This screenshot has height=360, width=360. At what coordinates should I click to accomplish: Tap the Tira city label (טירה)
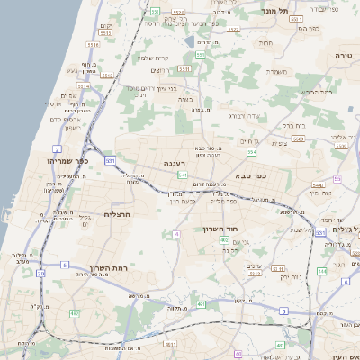(344, 55)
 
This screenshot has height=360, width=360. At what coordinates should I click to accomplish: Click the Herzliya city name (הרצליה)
(119, 214)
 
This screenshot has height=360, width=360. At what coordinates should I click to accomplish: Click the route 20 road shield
(40, 273)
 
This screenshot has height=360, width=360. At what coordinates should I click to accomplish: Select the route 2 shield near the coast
(58, 148)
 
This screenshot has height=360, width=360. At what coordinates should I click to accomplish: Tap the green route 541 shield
(182, 175)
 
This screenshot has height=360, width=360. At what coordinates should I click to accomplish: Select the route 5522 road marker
(234, 30)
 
